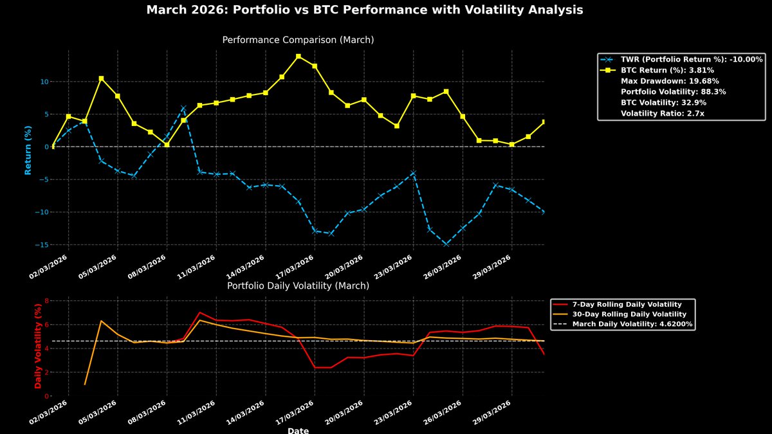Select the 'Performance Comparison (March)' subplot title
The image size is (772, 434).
point(298,40)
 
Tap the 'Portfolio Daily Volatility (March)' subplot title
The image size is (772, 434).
point(298,285)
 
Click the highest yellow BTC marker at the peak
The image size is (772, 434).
point(298,56)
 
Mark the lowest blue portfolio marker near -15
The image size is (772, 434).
point(446,244)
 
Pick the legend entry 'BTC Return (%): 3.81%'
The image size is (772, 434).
point(666,70)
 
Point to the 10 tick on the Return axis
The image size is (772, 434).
point(43,82)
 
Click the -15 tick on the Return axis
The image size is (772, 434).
point(42,244)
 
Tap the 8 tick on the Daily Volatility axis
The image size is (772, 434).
point(46,300)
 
